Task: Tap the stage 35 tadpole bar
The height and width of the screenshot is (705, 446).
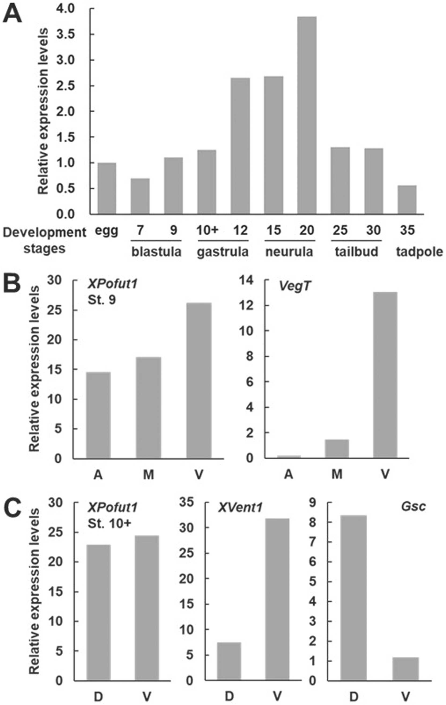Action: (x=407, y=200)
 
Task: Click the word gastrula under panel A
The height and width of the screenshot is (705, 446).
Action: (x=223, y=252)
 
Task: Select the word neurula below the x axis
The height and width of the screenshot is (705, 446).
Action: (x=289, y=252)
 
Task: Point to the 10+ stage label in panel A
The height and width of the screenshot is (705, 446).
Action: (x=207, y=230)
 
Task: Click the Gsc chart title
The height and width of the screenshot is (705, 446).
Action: (x=413, y=506)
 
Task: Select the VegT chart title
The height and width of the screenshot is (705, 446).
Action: (x=294, y=286)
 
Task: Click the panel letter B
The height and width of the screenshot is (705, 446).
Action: (x=12, y=285)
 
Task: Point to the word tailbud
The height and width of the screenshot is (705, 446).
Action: (x=356, y=252)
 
